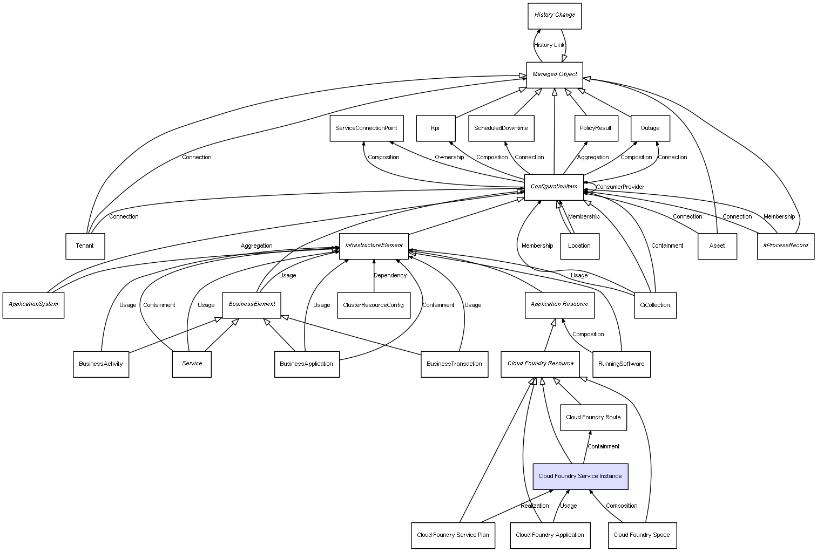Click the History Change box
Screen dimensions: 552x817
pyautogui.click(x=555, y=16)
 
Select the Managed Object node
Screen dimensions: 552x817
pyautogui.click(x=555, y=74)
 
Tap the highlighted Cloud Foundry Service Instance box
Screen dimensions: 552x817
pyautogui.click(x=580, y=476)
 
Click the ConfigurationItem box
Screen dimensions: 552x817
pyautogui.click(x=554, y=187)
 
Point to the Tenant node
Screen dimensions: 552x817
pyautogui.click(x=85, y=246)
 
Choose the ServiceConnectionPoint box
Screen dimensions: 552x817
pyautogui.click(x=366, y=128)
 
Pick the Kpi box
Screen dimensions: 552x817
pyautogui.click(x=435, y=128)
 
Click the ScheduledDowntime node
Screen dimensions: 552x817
pyautogui.click(x=501, y=128)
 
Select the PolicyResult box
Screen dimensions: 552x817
pyautogui.click(x=596, y=128)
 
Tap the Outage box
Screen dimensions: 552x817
pyautogui.click(x=650, y=128)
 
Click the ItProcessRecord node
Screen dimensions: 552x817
pyautogui.click(x=786, y=246)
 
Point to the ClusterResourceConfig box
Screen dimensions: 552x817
pyautogui.click(x=373, y=305)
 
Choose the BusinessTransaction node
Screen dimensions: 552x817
pyautogui.click(x=454, y=364)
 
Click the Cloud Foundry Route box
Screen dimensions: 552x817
pyautogui.click(x=593, y=418)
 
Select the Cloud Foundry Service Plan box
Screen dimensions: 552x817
pyautogui.click(x=453, y=535)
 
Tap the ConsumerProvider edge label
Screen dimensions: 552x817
pyautogui.click(x=620, y=187)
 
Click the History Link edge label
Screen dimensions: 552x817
pyautogui.click(x=549, y=45)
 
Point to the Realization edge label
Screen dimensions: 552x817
pyautogui.click(x=535, y=506)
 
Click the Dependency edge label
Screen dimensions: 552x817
pyautogui.click(x=390, y=276)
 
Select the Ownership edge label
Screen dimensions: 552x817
pyautogui.click(x=449, y=158)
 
